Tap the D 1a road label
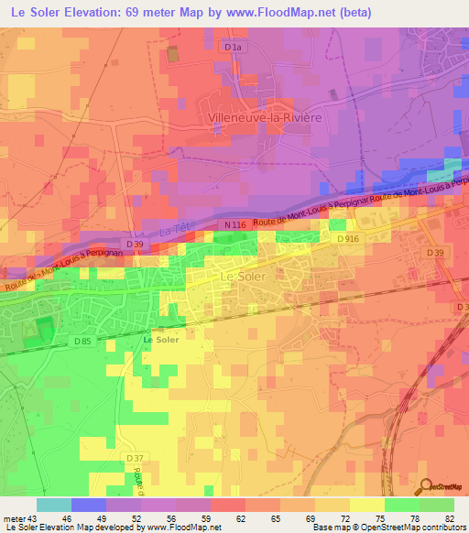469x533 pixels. pyautogui.click(x=238, y=45)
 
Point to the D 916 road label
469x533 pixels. pyautogui.click(x=346, y=239)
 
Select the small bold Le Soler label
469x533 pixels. pyautogui.click(x=161, y=339)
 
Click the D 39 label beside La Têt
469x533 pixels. pyautogui.click(x=135, y=246)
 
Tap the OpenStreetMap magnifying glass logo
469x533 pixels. pyautogui.click(x=424, y=485)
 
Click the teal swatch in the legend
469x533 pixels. pyautogui.click(x=53, y=505)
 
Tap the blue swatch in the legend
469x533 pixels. pyautogui.click(x=88, y=505)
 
